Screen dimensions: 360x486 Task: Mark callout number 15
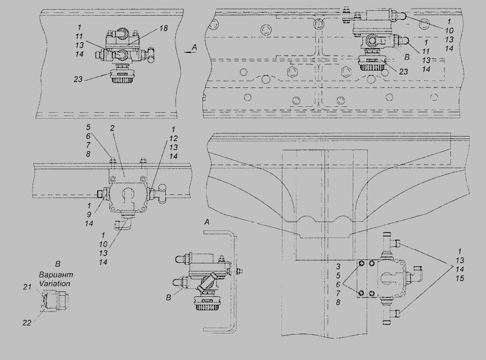pyautogui.click(x=460, y=279)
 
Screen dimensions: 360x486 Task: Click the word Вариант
pyautogui.click(x=55, y=275)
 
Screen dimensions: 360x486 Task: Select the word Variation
pyautogui.click(x=55, y=283)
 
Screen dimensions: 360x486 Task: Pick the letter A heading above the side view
pyautogui.click(x=207, y=222)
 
